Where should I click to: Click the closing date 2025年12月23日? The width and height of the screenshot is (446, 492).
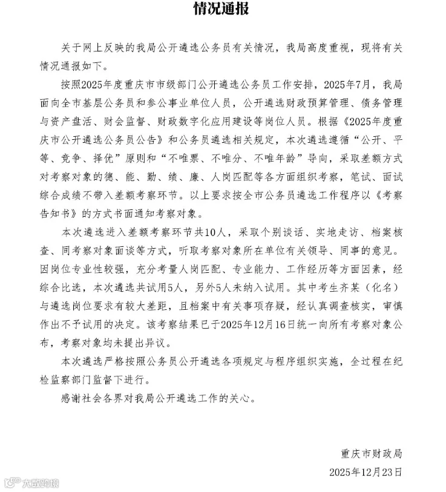[366, 471]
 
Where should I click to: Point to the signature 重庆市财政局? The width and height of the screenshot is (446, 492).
[371, 453]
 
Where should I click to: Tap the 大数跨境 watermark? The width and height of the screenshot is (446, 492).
[33, 482]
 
